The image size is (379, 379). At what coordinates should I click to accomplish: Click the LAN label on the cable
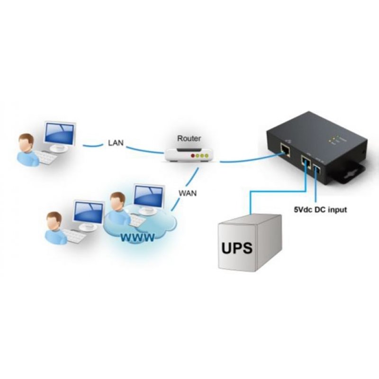coord(116,142)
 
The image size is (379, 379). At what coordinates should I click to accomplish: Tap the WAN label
coord(188,193)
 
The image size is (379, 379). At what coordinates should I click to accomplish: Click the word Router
coord(189,138)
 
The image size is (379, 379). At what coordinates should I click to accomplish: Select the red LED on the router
coord(192,155)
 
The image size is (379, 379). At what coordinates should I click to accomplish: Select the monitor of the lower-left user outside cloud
coord(89,212)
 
